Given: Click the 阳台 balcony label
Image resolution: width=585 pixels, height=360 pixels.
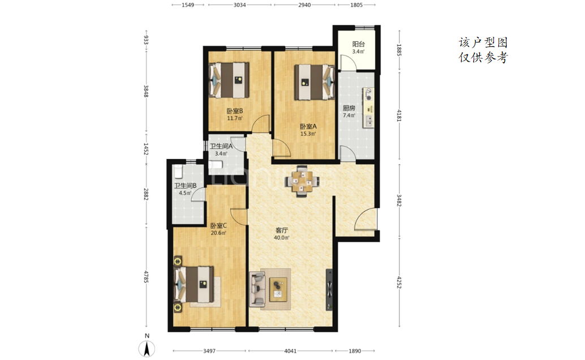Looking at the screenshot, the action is click(x=358, y=44).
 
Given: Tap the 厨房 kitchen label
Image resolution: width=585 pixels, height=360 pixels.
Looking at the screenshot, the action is click(x=349, y=108).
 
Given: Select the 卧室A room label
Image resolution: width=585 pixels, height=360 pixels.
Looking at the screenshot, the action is click(x=308, y=127).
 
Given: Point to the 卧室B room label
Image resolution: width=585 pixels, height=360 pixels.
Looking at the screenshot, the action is click(x=235, y=111).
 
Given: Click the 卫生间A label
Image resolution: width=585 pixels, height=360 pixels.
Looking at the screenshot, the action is click(x=221, y=147).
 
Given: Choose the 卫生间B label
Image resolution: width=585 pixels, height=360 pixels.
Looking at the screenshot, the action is click(x=185, y=186).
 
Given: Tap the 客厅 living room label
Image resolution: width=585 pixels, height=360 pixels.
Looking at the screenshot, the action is click(x=282, y=230).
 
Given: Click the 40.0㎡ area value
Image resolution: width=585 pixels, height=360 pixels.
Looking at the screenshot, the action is click(x=281, y=238).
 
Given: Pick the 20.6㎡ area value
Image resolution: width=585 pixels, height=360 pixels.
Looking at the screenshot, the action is click(x=218, y=233).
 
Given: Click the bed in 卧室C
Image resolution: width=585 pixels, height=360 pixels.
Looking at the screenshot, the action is click(x=195, y=284).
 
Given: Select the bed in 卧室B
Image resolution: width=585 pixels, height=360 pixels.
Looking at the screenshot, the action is click(x=229, y=80).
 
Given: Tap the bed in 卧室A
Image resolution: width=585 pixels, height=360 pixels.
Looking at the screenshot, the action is click(x=315, y=82).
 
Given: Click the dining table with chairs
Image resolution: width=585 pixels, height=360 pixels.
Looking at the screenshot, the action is click(x=302, y=181).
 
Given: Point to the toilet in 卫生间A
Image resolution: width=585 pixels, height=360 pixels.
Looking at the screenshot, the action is click(x=216, y=165).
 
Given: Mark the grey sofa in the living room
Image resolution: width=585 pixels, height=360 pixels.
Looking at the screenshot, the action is click(x=257, y=289).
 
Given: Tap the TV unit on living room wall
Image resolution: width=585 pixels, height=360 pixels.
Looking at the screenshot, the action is click(x=329, y=289).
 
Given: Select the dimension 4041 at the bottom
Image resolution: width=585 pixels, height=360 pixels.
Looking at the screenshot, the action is click(x=290, y=351).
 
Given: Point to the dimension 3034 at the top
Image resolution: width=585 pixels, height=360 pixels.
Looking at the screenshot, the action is click(x=239, y=5).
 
